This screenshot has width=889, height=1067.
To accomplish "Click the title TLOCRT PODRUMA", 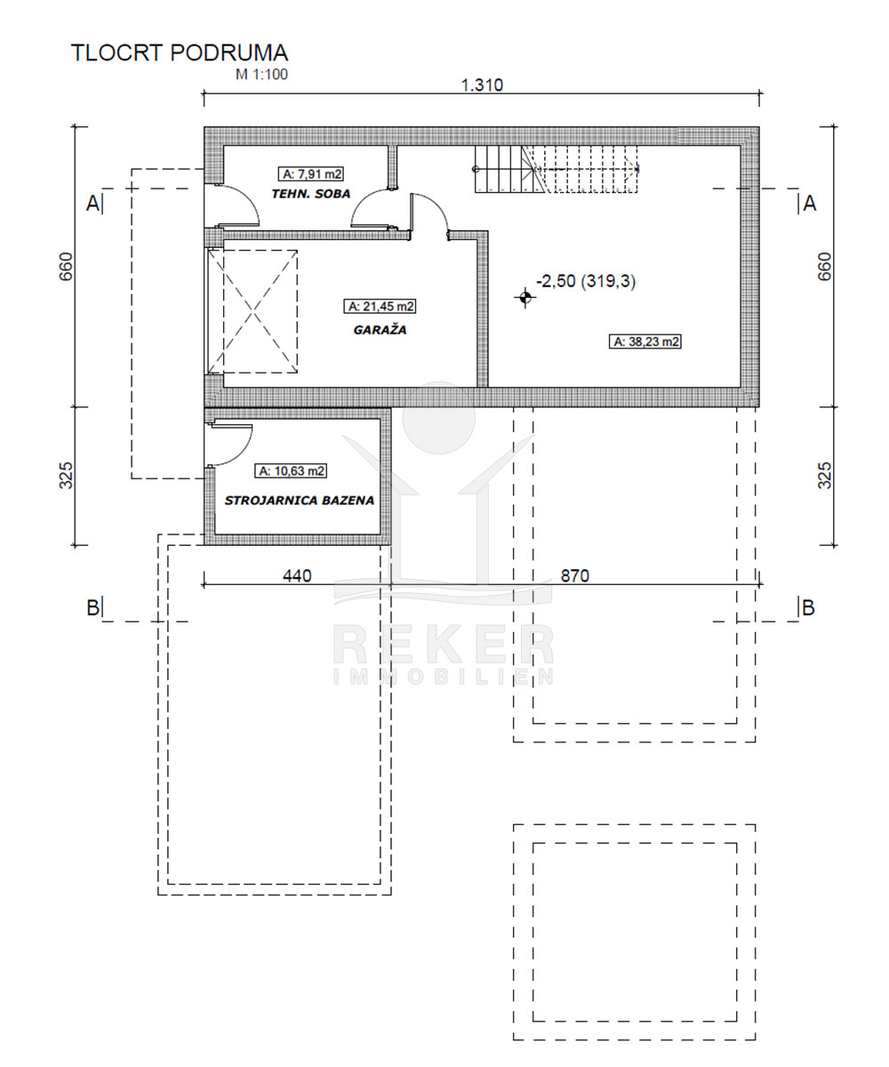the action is [x=180, y=52].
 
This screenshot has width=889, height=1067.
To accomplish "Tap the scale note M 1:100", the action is [x=261, y=75].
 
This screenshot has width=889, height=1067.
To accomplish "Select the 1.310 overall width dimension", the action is [x=482, y=84].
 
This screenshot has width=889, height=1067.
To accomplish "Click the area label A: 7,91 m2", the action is [x=310, y=173].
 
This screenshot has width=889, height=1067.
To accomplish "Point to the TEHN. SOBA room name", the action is [x=310, y=194].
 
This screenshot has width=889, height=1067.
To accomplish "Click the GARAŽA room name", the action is [x=380, y=330].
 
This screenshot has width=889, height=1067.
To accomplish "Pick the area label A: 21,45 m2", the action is [x=380, y=306].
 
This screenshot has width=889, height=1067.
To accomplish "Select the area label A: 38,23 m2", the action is [x=645, y=341].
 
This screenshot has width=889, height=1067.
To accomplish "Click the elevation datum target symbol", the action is [x=525, y=297].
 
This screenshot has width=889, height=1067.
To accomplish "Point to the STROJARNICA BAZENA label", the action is [x=300, y=501].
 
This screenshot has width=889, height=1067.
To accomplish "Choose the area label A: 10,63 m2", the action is [x=291, y=470].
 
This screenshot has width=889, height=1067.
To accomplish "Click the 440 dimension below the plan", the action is [x=297, y=576].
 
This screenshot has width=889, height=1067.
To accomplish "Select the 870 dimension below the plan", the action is [x=575, y=576].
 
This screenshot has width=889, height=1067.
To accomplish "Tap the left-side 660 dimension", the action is [x=66, y=266].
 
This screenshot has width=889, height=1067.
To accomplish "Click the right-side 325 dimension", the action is [x=824, y=475].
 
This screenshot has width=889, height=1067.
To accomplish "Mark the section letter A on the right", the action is [x=810, y=204].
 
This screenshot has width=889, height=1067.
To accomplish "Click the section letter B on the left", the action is [x=92, y=607].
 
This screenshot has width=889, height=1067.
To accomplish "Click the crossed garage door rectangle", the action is [x=252, y=311].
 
